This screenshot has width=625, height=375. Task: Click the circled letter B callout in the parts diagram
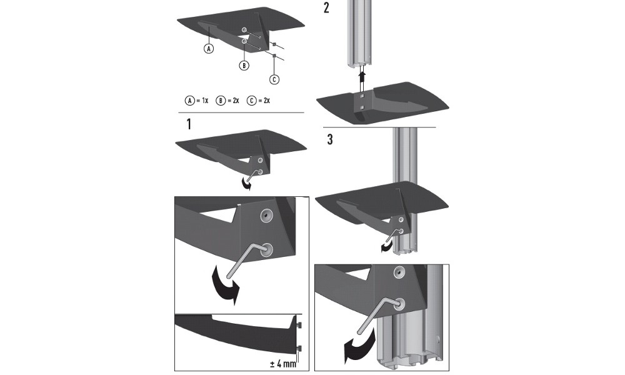click(244, 65)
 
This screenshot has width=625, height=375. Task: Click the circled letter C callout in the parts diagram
click(274, 79)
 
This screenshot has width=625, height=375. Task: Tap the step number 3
click(329, 139)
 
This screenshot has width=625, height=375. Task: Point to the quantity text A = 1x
click(196, 100)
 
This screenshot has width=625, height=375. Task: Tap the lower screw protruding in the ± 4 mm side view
click(300, 347)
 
